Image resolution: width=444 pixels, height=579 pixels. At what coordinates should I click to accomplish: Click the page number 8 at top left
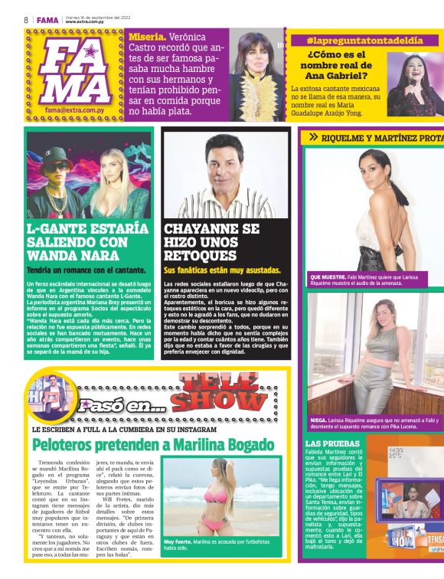[x=26, y=20]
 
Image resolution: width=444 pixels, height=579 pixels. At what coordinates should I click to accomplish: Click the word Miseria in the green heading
[x=145, y=37]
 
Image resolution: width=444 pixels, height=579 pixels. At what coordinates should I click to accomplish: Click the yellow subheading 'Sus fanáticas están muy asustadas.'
[x=223, y=270]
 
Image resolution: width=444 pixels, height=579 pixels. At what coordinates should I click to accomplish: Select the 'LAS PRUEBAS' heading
[x=332, y=443]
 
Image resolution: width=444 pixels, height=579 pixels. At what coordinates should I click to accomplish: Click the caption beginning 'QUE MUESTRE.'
[x=374, y=279]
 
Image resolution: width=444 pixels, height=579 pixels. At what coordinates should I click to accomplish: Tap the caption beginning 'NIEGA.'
[x=374, y=424]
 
